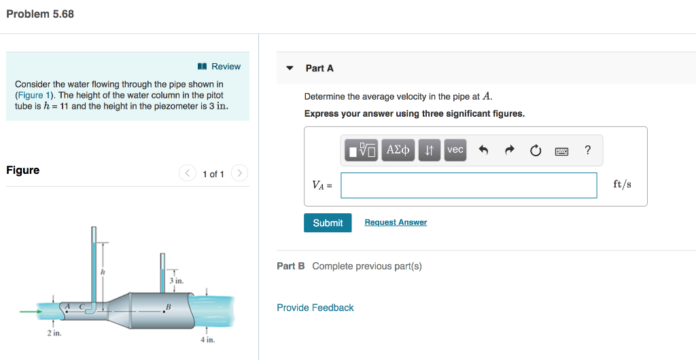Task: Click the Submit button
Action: [328, 223]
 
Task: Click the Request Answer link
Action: [396, 222]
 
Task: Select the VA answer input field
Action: [468, 185]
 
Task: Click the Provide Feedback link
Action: [315, 308]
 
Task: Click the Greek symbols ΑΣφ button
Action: [398, 150]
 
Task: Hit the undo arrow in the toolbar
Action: [483, 150]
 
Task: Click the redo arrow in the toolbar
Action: [509, 150]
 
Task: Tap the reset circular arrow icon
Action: [536, 150]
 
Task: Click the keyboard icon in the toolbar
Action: [561, 150]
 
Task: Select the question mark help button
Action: [587, 150]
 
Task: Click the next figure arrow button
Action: [239, 174]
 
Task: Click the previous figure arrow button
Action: [188, 174]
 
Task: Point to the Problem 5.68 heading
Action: [40, 14]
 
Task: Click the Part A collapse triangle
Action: [290, 69]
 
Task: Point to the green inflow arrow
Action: [31, 312]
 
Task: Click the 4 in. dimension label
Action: [207, 340]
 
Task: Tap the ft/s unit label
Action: [622, 184]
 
